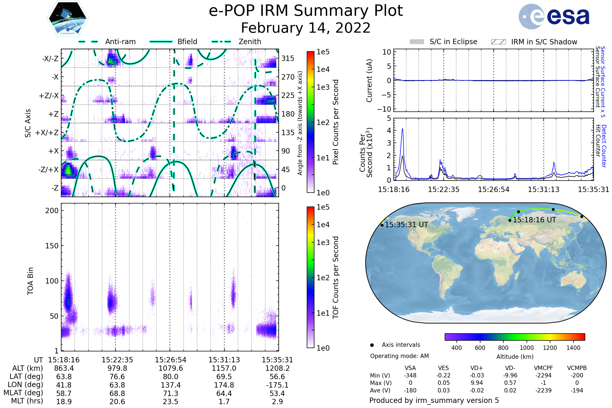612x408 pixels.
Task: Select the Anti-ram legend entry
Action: (107, 42)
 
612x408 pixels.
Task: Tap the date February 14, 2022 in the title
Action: (306, 28)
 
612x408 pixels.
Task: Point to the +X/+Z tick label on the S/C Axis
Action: (47, 133)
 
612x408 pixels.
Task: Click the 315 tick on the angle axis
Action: (288, 58)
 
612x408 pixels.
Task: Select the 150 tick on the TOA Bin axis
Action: (52, 246)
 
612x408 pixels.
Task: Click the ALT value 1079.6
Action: (171, 368)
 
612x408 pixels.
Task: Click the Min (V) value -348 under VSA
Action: (410, 375)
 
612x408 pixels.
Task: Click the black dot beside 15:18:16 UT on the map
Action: (510, 220)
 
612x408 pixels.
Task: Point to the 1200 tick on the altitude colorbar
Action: (550, 348)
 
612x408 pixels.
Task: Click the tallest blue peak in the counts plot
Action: (403, 129)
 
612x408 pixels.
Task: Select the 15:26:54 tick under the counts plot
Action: (494, 189)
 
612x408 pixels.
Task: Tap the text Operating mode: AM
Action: (399, 356)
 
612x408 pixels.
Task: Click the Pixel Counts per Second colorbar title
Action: (336, 122)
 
